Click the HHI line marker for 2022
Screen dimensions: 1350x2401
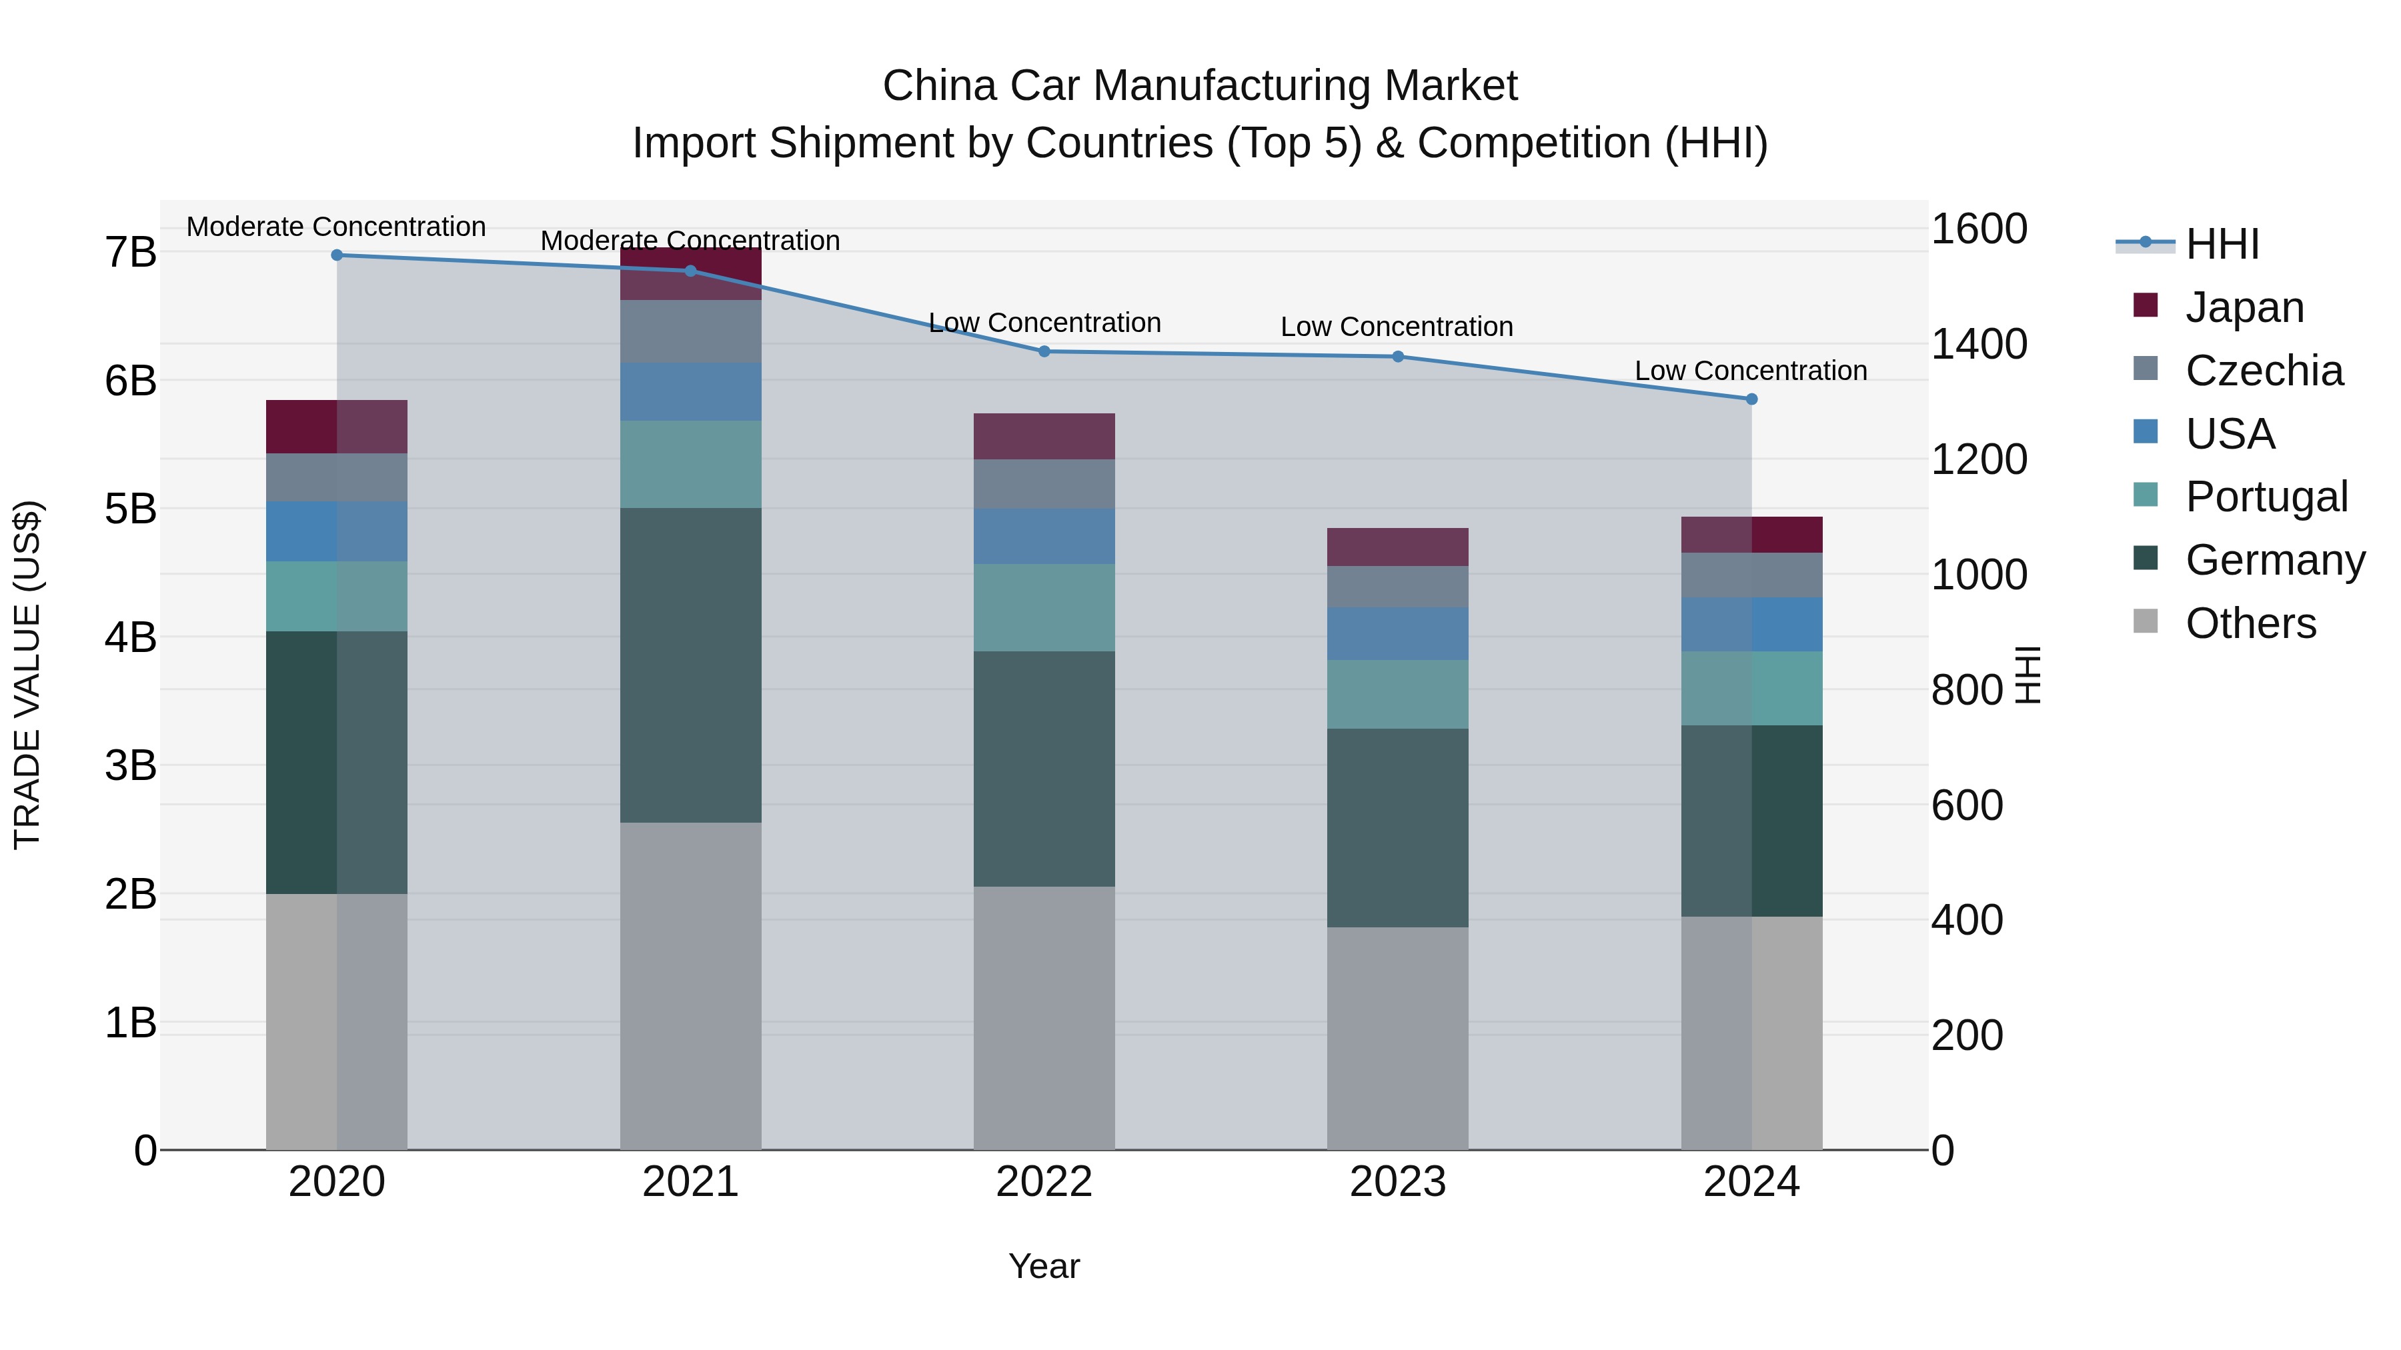1044,351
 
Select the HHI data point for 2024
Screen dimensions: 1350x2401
1751,399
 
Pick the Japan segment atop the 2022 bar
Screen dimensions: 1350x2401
1044,436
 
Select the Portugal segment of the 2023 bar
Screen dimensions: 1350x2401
1397,694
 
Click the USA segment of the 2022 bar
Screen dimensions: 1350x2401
1044,536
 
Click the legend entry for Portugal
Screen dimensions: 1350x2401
2266,497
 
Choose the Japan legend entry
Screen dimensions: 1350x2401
2244,307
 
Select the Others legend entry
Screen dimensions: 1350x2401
2250,623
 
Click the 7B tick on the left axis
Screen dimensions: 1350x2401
131,253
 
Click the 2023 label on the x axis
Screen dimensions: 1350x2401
1397,1182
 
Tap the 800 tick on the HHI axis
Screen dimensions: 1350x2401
1967,691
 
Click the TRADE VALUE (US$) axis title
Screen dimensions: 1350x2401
27,675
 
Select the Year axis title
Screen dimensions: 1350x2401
1044,1266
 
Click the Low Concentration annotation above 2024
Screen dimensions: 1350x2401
1751,371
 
